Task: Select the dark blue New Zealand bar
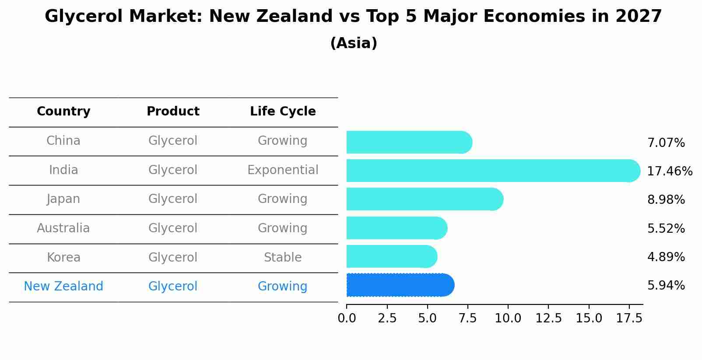click(x=400, y=285)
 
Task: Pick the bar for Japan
click(x=425, y=199)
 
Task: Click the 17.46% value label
click(x=669, y=171)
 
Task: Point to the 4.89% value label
click(x=666, y=257)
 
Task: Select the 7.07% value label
click(x=666, y=143)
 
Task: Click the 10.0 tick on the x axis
click(x=508, y=318)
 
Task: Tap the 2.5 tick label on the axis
click(x=387, y=318)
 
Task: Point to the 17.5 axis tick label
click(x=629, y=318)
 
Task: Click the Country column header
click(x=63, y=112)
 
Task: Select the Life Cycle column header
click(x=283, y=112)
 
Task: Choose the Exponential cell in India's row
click(x=283, y=170)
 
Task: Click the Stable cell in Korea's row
click(x=283, y=257)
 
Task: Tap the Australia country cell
click(x=63, y=228)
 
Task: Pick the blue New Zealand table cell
click(x=63, y=286)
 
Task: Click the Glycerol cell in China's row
click(x=173, y=141)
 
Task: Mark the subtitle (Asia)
click(x=354, y=43)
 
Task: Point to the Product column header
click(x=173, y=112)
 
